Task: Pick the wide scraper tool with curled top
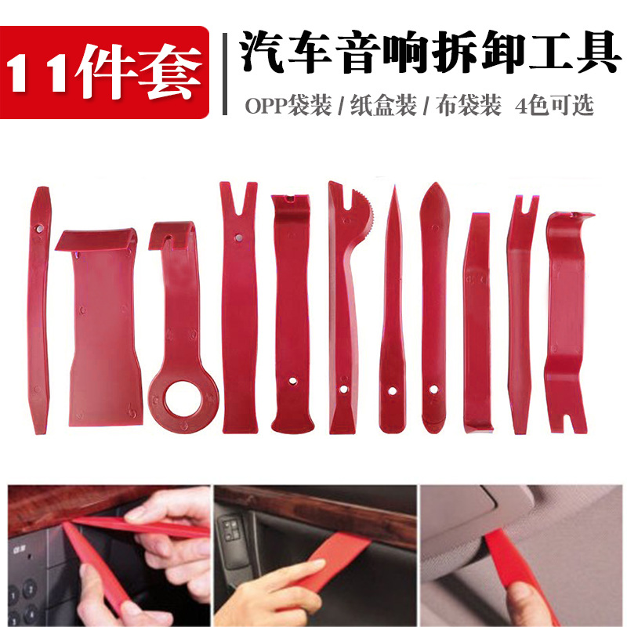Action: point(100,329)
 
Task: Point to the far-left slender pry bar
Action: point(37,306)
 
